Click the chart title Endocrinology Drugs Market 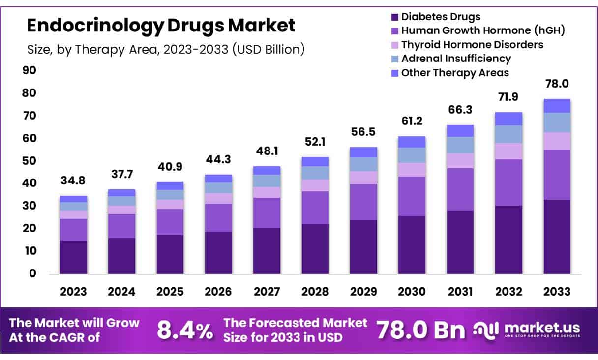click(x=161, y=25)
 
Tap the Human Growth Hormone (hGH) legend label click(x=482, y=30)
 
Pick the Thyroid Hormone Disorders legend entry click(x=472, y=45)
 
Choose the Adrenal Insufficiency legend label click(x=456, y=59)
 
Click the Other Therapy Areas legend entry click(x=455, y=73)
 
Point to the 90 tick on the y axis click(x=30, y=70)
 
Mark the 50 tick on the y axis click(x=30, y=161)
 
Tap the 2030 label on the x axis click(x=412, y=291)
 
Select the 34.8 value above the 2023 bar click(x=73, y=180)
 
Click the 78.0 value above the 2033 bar click(x=557, y=84)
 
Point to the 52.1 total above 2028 click(x=315, y=142)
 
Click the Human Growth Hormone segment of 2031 click(x=460, y=189)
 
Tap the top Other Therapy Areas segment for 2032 click(x=508, y=119)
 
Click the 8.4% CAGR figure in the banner click(x=185, y=331)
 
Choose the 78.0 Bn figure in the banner click(x=421, y=330)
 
